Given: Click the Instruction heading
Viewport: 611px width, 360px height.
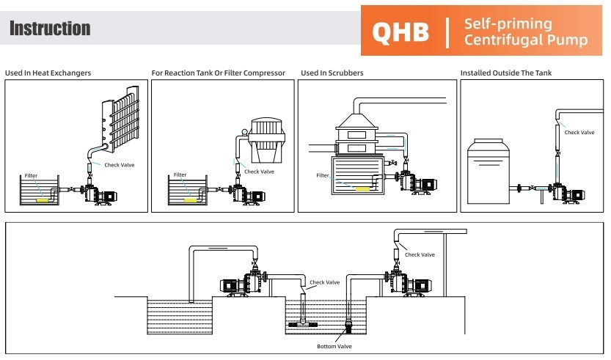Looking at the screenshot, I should [x=50, y=29].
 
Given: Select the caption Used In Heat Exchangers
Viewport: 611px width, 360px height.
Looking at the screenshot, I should [x=48, y=73].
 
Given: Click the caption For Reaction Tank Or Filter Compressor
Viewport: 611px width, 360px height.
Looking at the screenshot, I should [x=218, y=73].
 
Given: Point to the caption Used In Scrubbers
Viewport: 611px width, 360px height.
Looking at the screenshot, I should [x=332, y=73].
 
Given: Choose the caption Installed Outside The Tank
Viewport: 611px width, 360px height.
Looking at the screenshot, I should [x=505, y=73].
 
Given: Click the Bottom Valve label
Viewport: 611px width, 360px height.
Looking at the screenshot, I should [x=334, y=346].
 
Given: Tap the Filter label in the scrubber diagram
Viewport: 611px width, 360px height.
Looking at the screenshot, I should [x=323, y=175].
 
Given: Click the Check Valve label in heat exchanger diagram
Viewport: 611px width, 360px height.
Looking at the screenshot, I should [x=120, y=165].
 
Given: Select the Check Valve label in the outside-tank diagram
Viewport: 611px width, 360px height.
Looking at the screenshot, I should [x=579, y=133].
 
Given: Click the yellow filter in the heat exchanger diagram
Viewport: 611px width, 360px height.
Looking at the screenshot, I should [x=43, y=199].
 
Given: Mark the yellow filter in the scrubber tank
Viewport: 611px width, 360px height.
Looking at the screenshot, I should [x=363, y=188].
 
